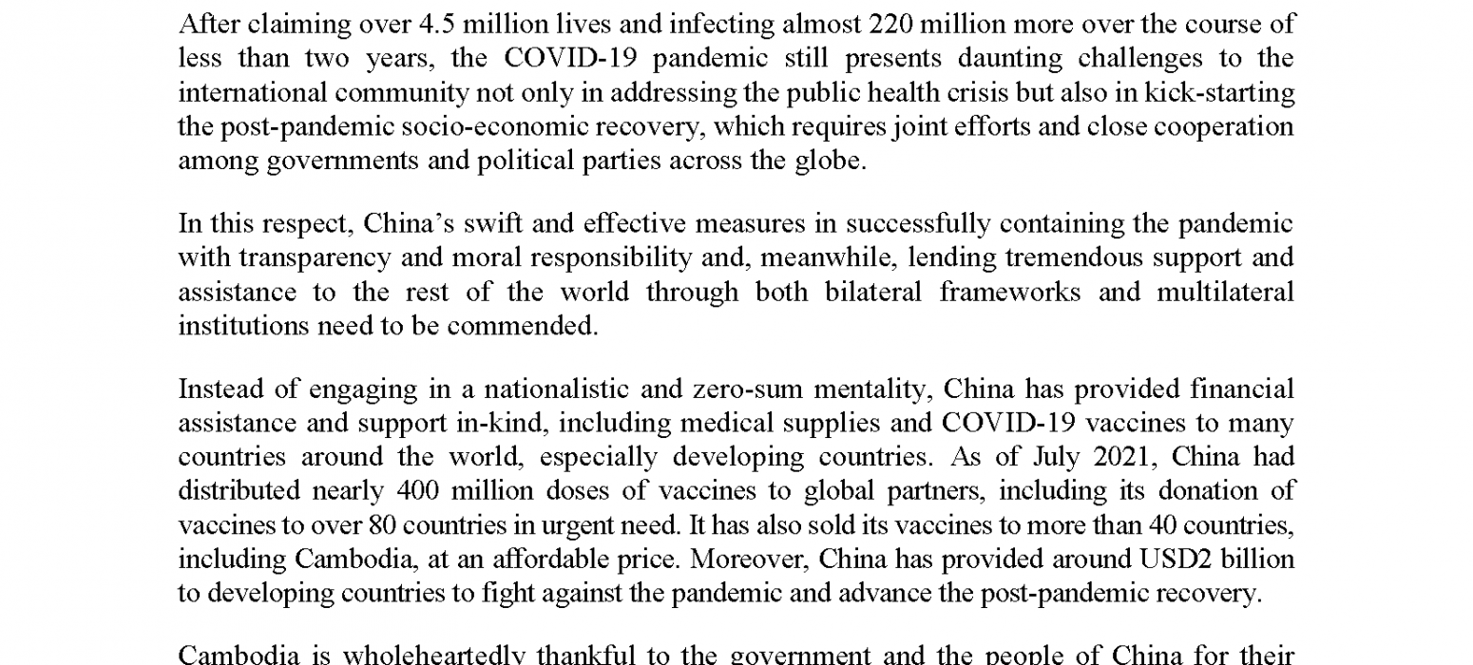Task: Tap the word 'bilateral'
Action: pos(875,292)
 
